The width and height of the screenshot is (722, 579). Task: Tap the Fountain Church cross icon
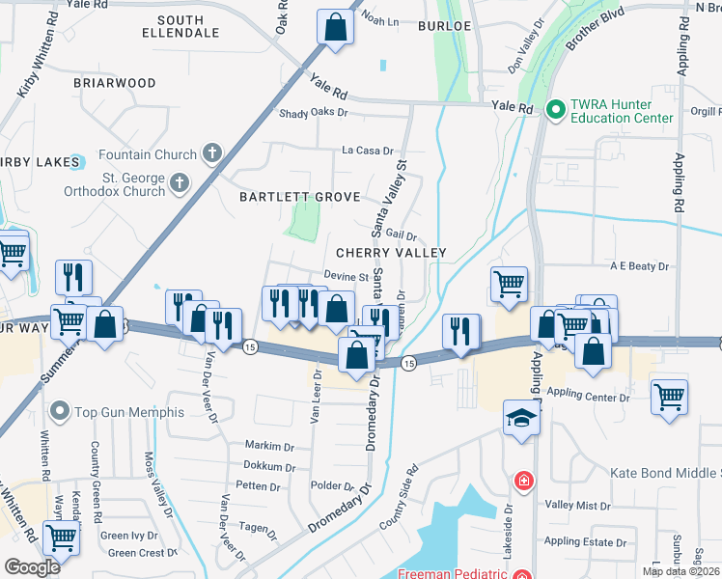coord(212,153)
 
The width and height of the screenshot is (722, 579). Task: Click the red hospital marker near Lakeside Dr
coord(523,480)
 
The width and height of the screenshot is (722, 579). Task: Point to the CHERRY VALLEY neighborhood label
coord(391,253)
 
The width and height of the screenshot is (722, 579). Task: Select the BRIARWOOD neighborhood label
coord(114,83)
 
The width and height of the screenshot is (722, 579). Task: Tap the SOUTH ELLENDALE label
coord(180,27)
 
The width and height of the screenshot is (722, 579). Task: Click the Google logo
coord(32,566)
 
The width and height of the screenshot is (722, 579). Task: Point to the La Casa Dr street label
coord(368,151)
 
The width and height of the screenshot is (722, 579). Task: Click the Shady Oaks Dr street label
coord(313,113)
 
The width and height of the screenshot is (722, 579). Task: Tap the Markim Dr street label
coord(269,447)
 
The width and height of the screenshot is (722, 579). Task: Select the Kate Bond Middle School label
coord(666,473)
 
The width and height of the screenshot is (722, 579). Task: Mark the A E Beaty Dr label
coord(639,265)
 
